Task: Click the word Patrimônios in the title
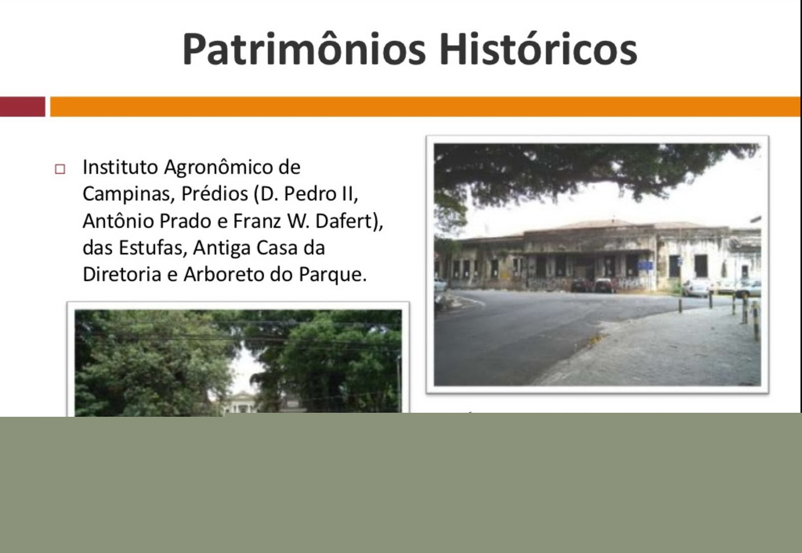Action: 304,49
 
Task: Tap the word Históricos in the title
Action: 538,49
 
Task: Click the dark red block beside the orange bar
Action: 23,107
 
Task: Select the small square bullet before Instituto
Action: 60,169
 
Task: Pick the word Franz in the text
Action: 257,221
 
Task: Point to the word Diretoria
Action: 122,274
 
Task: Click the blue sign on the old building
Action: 645,265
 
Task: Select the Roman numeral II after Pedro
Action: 349,194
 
